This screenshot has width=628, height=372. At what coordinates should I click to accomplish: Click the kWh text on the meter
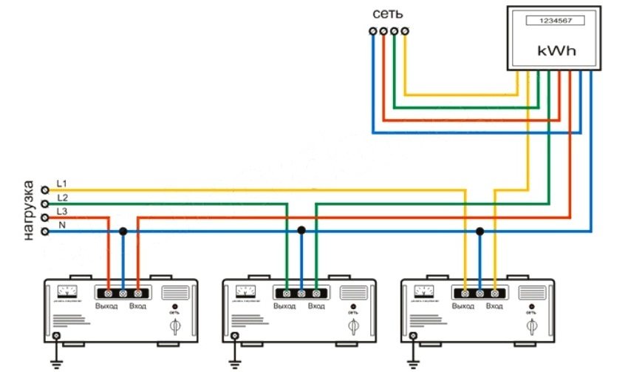tap(556, 53)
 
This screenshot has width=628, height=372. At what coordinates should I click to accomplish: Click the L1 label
tap(61, 182)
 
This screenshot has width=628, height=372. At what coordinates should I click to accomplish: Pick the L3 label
tap(62, 212)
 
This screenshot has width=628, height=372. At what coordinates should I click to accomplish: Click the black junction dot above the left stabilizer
tap(123, 231)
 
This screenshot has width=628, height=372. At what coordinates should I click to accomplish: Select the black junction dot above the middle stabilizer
tap(301, 231)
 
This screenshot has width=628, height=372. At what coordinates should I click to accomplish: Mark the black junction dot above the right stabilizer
tap(479, 231)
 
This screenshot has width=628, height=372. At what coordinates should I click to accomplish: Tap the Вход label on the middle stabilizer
tap(316, 306)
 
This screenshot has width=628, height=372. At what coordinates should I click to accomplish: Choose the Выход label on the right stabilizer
tap(463, 306)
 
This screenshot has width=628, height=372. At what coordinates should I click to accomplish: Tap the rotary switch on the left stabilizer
tap(175, 325)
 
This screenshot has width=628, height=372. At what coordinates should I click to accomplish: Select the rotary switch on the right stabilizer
tap(531, 325)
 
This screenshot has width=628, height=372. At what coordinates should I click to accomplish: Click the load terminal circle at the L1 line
tap(45, 189)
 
